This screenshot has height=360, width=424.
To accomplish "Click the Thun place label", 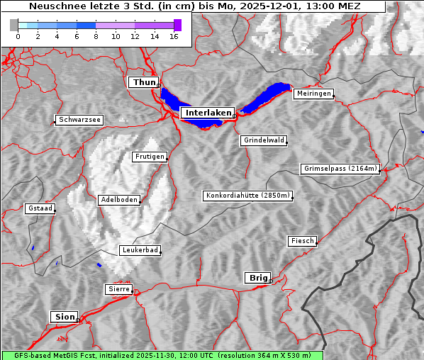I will click(144, 83).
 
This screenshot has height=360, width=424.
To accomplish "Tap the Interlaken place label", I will click(208, 113).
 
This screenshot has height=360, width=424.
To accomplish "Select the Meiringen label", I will click(313, 94).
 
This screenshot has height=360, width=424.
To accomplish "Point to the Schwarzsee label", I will click(79, 120).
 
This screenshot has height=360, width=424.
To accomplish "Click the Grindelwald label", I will click(264, 140).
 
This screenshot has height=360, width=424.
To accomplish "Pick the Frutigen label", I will click(149, 157).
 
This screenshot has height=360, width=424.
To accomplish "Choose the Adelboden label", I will click(118, 200).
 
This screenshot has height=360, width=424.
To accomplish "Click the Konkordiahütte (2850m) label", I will click(247, 196).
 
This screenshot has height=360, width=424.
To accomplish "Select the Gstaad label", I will click(40, 208).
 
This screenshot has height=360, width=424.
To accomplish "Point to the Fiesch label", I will click(302, 241).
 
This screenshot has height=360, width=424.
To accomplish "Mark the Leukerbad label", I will click(140, 250).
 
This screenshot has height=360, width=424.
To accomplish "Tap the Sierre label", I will click(118, 289).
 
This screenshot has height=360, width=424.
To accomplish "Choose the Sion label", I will click(63, 317).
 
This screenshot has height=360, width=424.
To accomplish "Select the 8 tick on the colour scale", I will click(96, 36).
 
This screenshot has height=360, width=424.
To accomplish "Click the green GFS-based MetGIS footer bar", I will click(162, 355).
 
